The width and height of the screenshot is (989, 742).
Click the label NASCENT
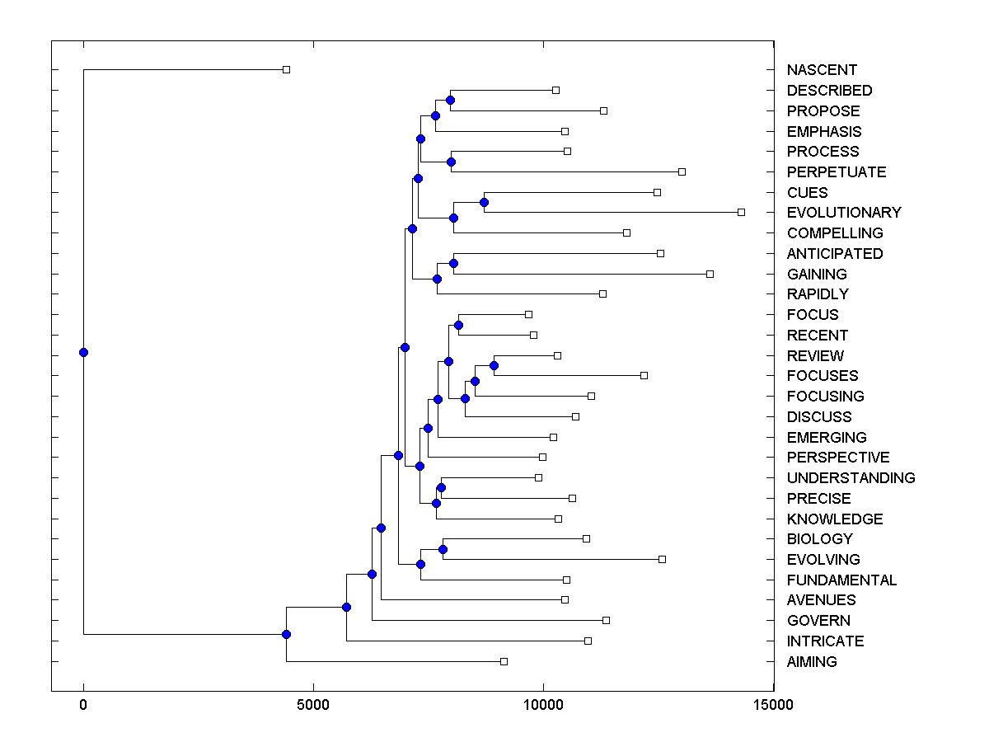pyautogui.click(x=822, y=70)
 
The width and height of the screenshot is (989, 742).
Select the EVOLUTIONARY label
pyautogui.click(x=844, y=213)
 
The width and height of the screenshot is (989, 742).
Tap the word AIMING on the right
pyautogui.click(x=812, y=662)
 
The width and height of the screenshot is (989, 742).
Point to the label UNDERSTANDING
pyautogui.click(x=851, y=478)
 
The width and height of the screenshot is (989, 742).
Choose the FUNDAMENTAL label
pyautogui.click(x=841, y=580)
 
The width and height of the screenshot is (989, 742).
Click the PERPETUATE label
pyautogui.click(x=837, y=172)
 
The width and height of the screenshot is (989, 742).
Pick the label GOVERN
pyautogui.click(x=818, y=621)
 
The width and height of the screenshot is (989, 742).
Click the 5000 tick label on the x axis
pyautogui.click(x=313, y=705)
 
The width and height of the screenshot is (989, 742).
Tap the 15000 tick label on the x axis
pyautogui.click(x=773, y=705)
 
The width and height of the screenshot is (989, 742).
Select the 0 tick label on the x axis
pyautogui.click(x=83, y=705)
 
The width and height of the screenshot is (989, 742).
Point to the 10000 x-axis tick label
pyautogui.click(x=543, y=705)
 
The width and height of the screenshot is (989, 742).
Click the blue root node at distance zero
pyautogui.click(x=83, y=352)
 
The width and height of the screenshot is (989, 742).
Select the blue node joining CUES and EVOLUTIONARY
pyautogui.click(x=485, y=202)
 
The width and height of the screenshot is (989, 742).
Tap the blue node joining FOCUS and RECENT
pyautogui.click(x=458, y=325)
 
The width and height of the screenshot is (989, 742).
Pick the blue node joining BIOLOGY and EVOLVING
pyautogui.click(x=443, y=549)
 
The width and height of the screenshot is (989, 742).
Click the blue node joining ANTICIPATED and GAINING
pyautogui.click(x=453, y=264)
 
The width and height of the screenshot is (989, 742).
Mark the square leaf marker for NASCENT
pyautogui.click(x=286, y=69)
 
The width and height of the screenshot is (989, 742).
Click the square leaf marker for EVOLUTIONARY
pyautogui.click(x=741, y=212)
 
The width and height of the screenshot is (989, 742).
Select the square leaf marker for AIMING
pyautogui.click(x=504, y=661)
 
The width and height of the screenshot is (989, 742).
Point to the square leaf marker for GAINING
pyautogui.click(x=710, y=274)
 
